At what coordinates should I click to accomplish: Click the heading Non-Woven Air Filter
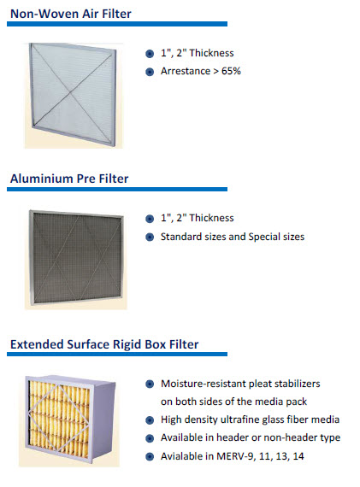tap(71, 14)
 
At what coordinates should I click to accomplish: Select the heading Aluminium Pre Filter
tap(69, 179)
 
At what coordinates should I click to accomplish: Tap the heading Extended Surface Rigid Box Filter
tap(104, 345)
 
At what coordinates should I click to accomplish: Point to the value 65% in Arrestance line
tap(231, 71)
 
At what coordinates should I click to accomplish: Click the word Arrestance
tap(186, 71)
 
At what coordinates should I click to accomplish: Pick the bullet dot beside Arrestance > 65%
tap(150, 72)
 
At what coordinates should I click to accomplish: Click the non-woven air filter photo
tap(74, 96)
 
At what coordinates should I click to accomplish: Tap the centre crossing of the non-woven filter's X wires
tap(70, 92)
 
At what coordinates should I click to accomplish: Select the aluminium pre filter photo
tap(76, 259)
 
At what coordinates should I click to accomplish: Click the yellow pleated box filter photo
tap(69, 421)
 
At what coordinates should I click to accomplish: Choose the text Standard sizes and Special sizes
tap(233, 237)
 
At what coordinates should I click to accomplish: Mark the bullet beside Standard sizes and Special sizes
tap(150, 238)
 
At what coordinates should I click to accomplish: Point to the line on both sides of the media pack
tap(233, 402)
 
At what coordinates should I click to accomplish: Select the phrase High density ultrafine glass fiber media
tap(250, 420)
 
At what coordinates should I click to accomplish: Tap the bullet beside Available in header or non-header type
tap(150, 438)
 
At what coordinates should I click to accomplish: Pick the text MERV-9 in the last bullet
tap(236, 456)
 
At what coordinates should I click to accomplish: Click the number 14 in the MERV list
tap(298, 456)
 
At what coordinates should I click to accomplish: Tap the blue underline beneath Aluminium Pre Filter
tap(117, 189)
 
